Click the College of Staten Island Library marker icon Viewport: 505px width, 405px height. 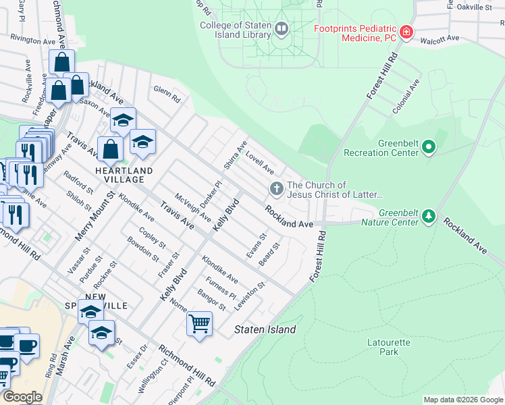(x=282, y=29)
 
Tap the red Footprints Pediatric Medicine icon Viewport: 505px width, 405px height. (x=406, y=32)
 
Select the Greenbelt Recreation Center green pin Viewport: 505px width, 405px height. (x=427, y=146)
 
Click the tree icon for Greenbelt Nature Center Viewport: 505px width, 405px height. (x=428, y=216)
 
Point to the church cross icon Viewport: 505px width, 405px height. (x=275, y=188)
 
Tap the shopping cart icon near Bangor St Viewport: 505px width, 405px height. (x=199, y=325)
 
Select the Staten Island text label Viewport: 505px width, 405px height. (x=265, y=329)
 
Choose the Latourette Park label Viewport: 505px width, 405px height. (x=388, y=347)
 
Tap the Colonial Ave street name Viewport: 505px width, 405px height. (x=407, y=95)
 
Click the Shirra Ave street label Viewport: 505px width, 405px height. (x=236, y=156)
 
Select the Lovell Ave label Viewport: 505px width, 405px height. (x=260, y=162)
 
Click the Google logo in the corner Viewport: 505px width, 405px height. (x=22, y=397)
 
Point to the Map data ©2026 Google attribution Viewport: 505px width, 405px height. (x=462, y=400)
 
